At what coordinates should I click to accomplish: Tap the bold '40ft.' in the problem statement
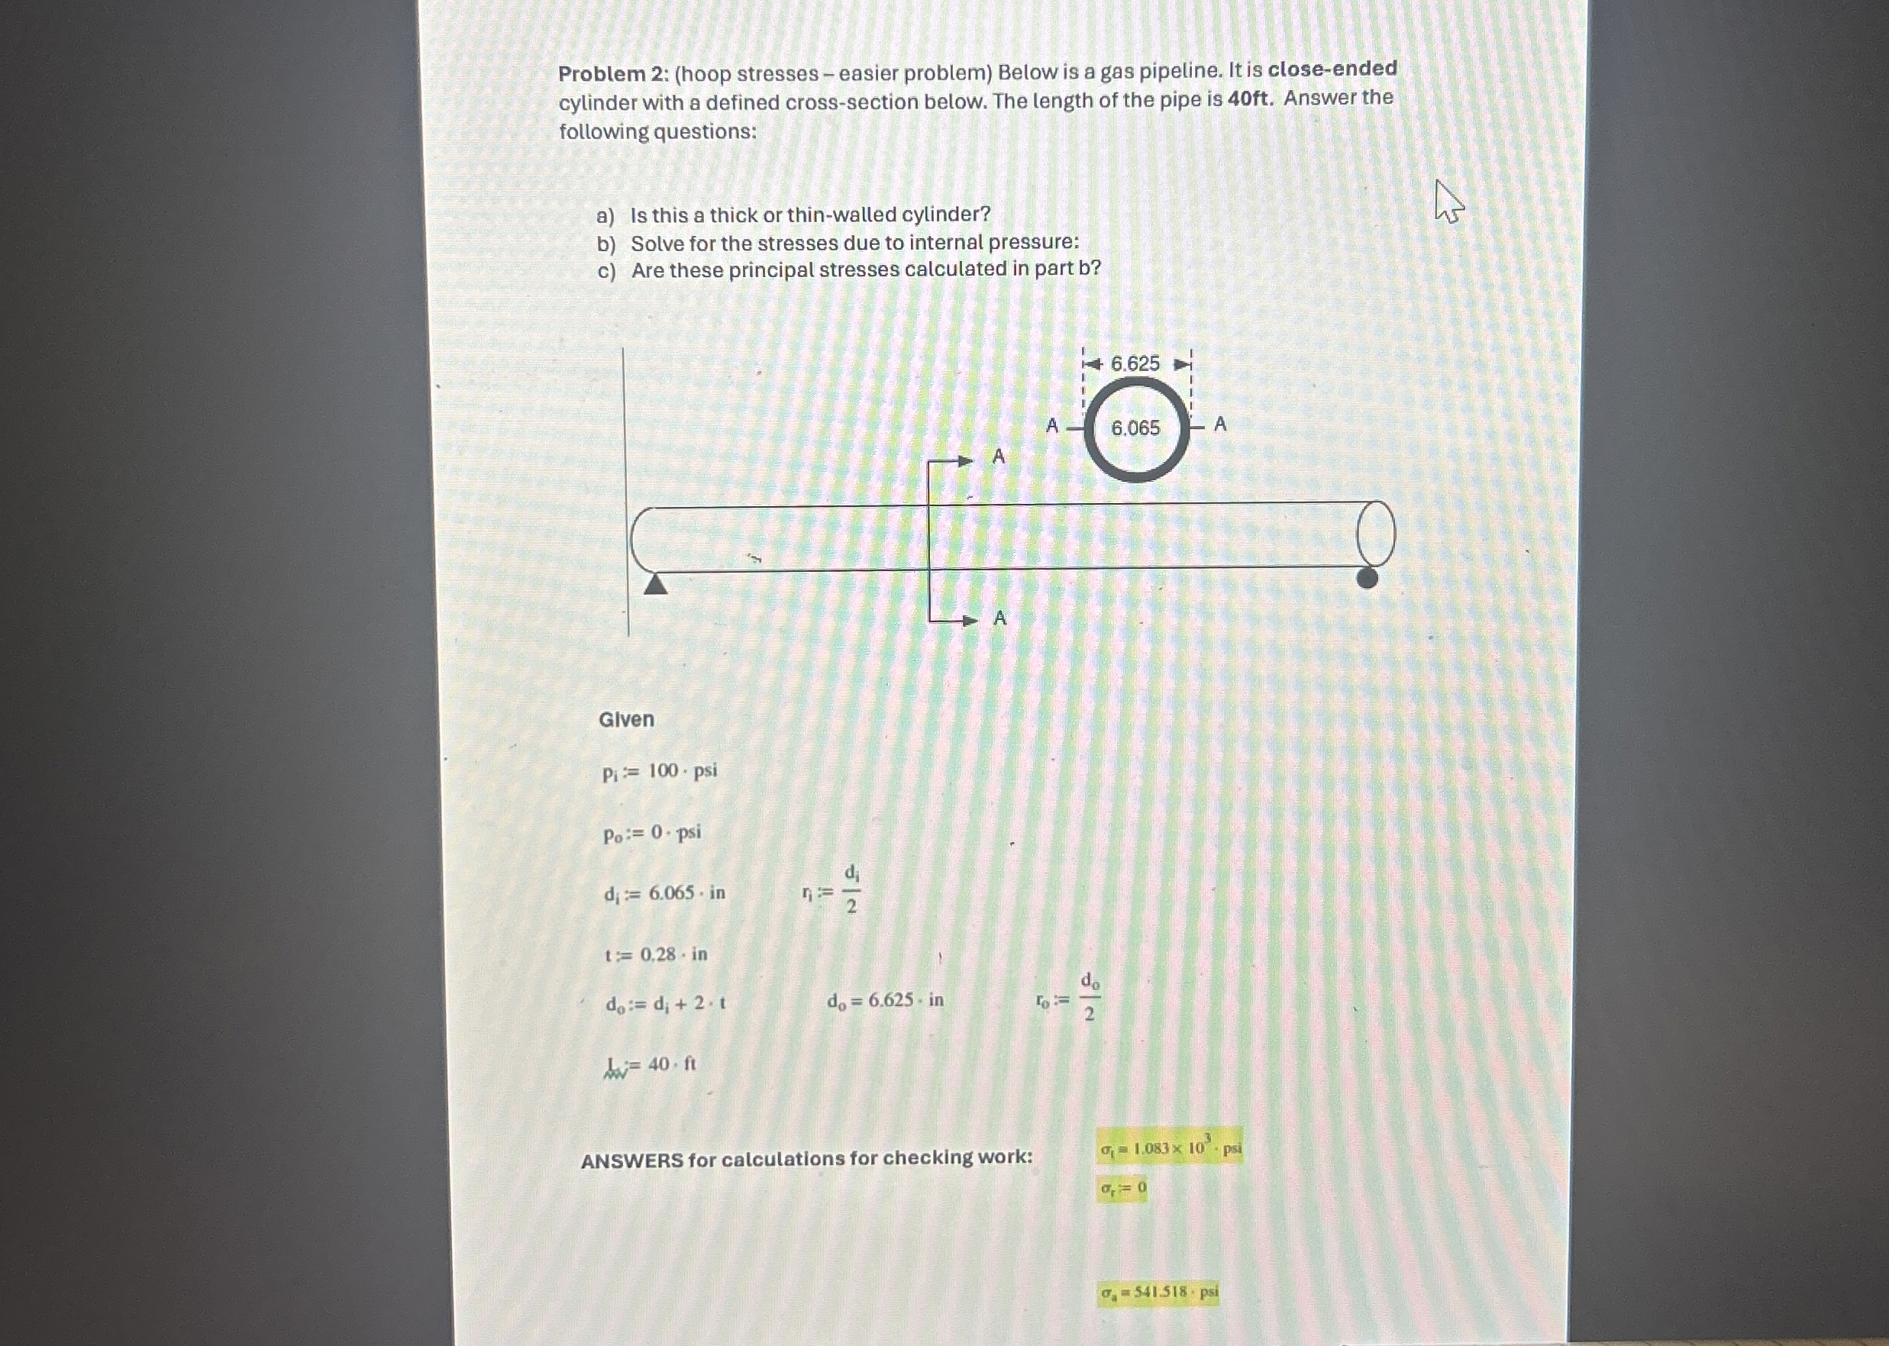click(x=1248, y=98)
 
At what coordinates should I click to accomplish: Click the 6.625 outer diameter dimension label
click(x=1135, y=364)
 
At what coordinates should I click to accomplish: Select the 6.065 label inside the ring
click(x=1135, y=428)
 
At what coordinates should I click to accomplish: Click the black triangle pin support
click(x=656, y=584)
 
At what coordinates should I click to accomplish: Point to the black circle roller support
click(x=1367, y=578)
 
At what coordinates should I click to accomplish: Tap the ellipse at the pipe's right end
click(x=1375, y=533)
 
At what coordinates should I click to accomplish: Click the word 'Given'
click(x=626, y=719)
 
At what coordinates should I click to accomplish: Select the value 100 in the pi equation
click(x=663, y=771)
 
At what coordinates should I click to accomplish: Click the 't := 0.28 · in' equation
click(x=656, y=954)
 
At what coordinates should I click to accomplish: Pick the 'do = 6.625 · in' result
click(x=884, y=1000)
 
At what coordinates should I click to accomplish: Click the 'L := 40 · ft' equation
click(x=651, y=1064)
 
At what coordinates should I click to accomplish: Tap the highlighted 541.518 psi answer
click(x=1159, y=1291)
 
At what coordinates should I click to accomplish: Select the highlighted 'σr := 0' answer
click(x=1123, y=1189)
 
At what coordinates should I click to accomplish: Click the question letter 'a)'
click(x=605, y=216)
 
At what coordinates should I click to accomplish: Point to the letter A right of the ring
click(x=1219, y=424)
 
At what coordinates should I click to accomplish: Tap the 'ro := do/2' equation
click(x=1067, y=1001)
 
